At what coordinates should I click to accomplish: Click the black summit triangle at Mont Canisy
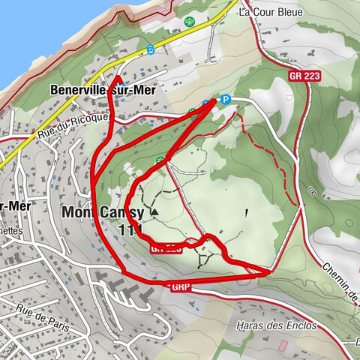(x=154, y=212)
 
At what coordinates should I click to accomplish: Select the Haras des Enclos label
(x=276, y=326)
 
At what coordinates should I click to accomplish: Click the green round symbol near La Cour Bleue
(x=189, y=22)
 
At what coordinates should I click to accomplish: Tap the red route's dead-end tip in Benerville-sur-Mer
(x=116, y=77)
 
